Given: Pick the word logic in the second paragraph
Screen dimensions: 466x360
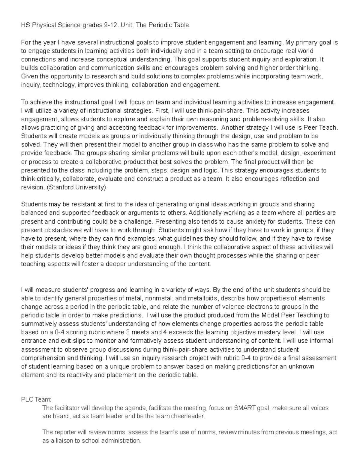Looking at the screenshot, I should tap(211, 170).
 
